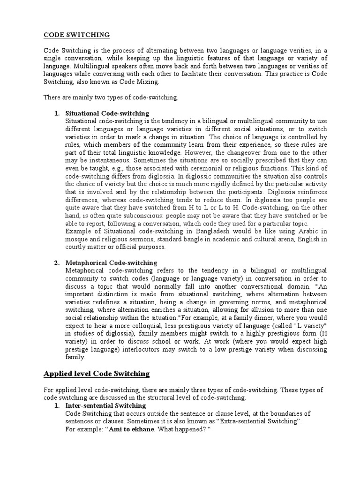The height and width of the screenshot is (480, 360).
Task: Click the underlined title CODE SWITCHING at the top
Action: (77, 35)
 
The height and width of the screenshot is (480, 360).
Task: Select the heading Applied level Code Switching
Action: (96, 374)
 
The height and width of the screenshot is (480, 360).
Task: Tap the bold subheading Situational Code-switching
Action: (107, 113)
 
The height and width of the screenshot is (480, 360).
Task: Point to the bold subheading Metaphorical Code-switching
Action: (111, 262)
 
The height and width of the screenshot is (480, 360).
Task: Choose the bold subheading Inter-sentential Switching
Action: (105, 405)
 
